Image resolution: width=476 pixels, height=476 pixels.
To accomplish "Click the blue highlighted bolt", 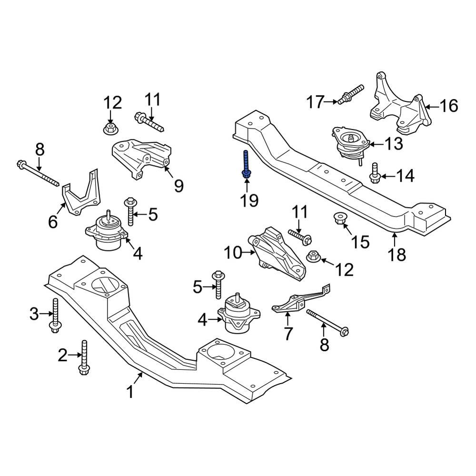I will click(246, 165).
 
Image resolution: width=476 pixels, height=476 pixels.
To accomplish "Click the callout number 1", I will click(129, 392).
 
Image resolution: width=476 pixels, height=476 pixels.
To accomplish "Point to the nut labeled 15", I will click(339, 219).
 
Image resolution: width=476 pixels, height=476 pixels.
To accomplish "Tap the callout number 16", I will click(447, 106).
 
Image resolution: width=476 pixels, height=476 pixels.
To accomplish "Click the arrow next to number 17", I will click(331, 101).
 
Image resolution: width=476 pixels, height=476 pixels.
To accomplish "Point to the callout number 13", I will click(394, 143).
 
